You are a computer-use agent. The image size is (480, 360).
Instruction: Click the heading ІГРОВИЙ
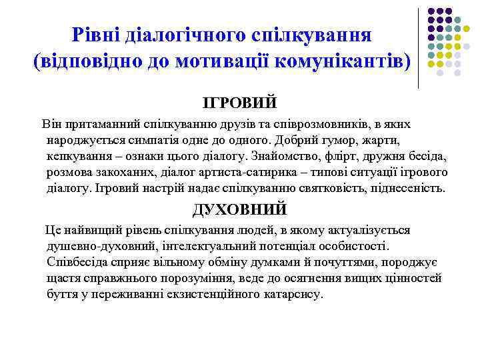click(239, 103)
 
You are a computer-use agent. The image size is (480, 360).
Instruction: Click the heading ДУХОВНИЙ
click(239, 209)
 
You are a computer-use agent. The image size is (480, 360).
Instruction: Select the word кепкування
click(78, 156)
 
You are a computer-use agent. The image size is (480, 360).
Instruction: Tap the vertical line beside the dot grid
click(419, 47)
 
